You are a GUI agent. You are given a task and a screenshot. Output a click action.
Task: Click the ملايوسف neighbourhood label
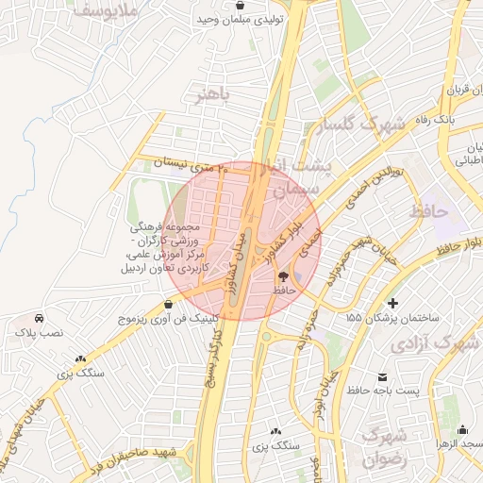[107, 10]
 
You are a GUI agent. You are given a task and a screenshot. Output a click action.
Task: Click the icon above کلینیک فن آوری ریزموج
[168, 304]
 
